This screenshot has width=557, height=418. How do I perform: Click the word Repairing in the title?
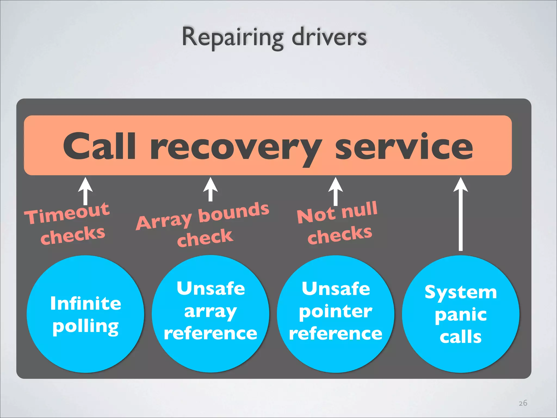pos(233,37)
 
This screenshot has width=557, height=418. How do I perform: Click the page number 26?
pos(523,403)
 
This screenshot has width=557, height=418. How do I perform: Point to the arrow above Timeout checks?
pos(85,190)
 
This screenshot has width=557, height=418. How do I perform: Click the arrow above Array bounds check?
pos(211,189)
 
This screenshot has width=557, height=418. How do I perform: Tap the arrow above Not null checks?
pos(336,190)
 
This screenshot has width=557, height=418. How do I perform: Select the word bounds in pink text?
pos(234,212)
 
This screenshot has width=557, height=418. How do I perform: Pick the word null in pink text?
pos(359,210)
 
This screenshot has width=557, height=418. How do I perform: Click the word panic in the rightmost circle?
pos(461,315)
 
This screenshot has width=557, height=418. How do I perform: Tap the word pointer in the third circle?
pos(336,312)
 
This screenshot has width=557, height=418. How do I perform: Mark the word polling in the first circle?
pos(85,327)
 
